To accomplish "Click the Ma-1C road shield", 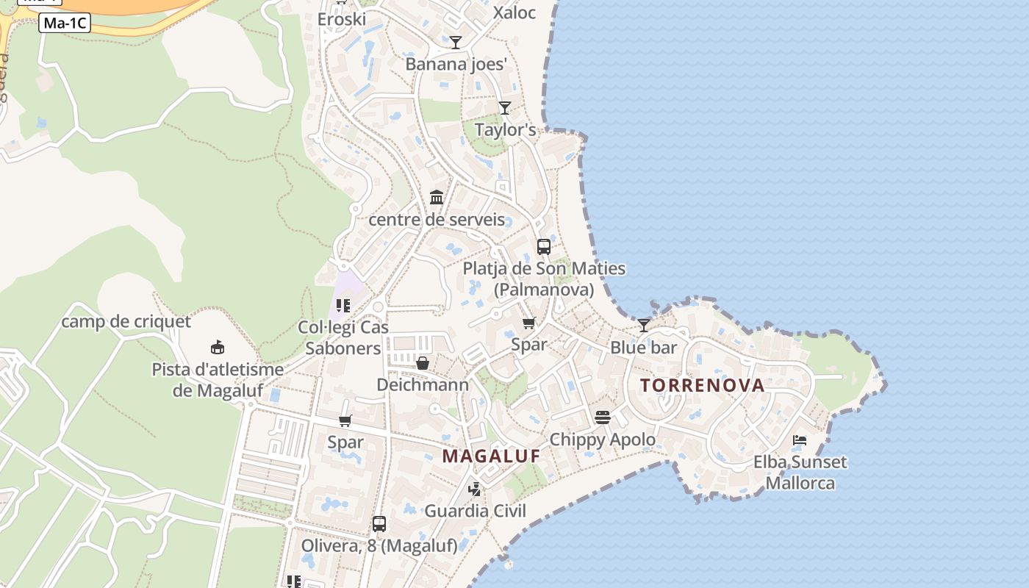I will (65, 23).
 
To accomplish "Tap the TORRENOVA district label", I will (702, 385).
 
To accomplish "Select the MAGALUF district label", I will (491, 456).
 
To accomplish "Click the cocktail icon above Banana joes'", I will (456, 43).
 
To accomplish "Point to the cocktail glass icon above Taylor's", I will (504, 108).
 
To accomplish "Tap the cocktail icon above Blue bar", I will (644, 325).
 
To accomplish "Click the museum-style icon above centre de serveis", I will (437, 197).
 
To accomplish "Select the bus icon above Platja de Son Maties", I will (544, 247).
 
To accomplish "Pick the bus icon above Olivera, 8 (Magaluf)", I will (379, 524).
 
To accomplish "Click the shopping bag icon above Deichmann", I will (423, 363).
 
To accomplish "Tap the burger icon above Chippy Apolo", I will (603, 417).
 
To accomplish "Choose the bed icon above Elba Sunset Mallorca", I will (800, 440).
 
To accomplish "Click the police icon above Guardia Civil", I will (476, 489).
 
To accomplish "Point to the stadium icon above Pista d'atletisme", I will (218, 347).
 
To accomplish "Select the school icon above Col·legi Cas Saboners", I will (343, 306).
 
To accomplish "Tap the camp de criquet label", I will (126, 321).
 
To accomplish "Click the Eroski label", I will (341, 19).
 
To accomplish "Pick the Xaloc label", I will (514, 12).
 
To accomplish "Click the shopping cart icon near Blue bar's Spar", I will (528, 323).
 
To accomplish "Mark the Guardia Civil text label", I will (476, 511).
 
